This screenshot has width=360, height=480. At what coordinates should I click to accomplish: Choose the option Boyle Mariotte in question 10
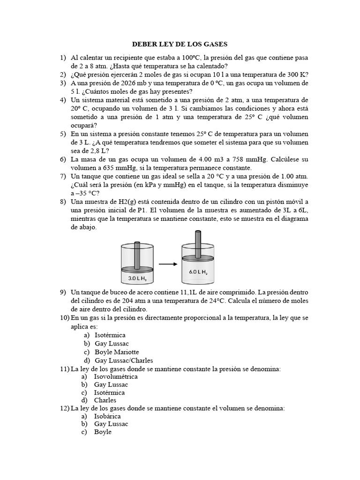(x=117, y=352)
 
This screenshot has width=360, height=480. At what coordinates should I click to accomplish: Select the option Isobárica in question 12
(x=107, y=416)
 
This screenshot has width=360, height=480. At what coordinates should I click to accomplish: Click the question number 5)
(x=63, y=134)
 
